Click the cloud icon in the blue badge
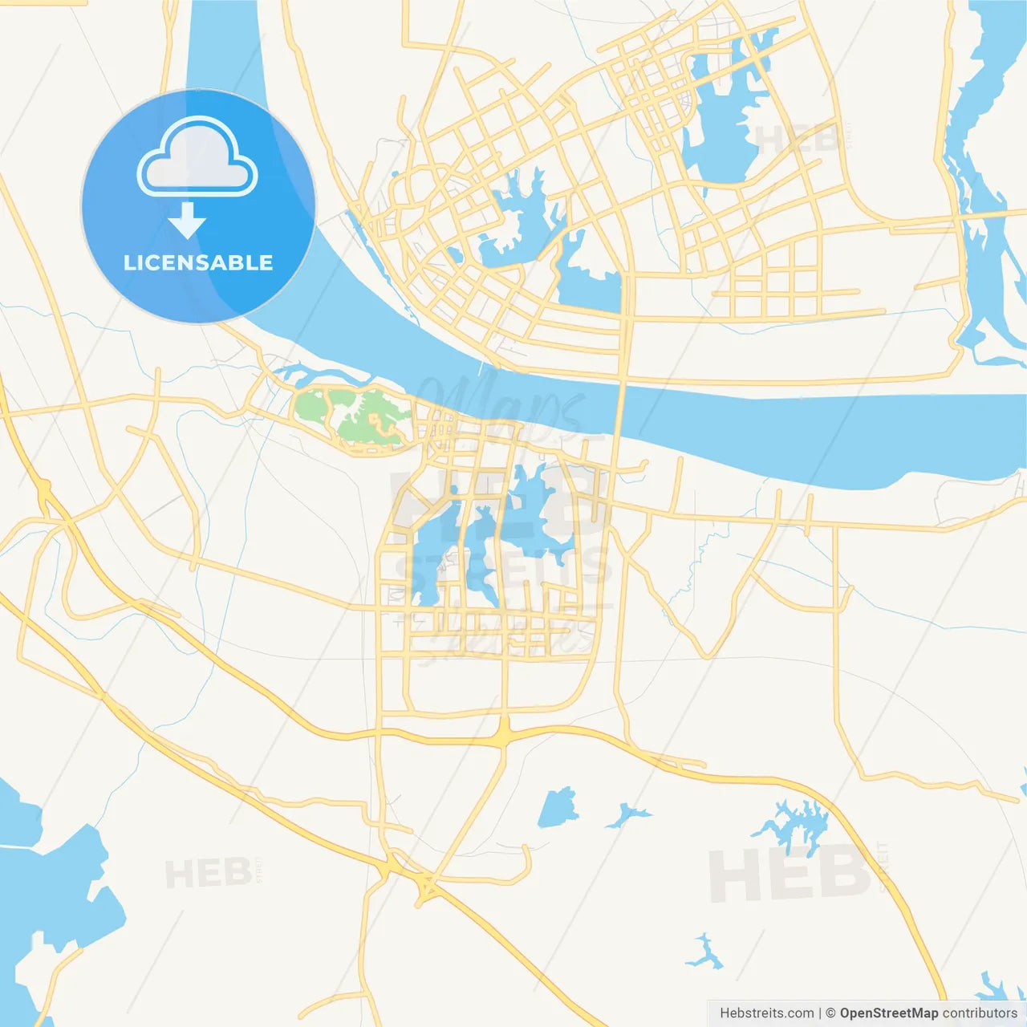point(197,157)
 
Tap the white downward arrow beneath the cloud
point(187,221)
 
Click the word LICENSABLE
point(198,263)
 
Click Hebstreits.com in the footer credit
point(766,1013)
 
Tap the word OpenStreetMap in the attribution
point(888,1013)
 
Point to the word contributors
point(980,1013)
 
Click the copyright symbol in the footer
point(830,1013)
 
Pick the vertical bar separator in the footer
point(819,1013)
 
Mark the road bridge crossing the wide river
point(619,409)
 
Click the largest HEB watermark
point(790,875)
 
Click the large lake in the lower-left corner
point(48,891)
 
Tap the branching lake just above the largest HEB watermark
point(794,826)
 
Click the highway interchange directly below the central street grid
point(504,734)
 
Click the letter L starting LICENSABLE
point(128,263)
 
